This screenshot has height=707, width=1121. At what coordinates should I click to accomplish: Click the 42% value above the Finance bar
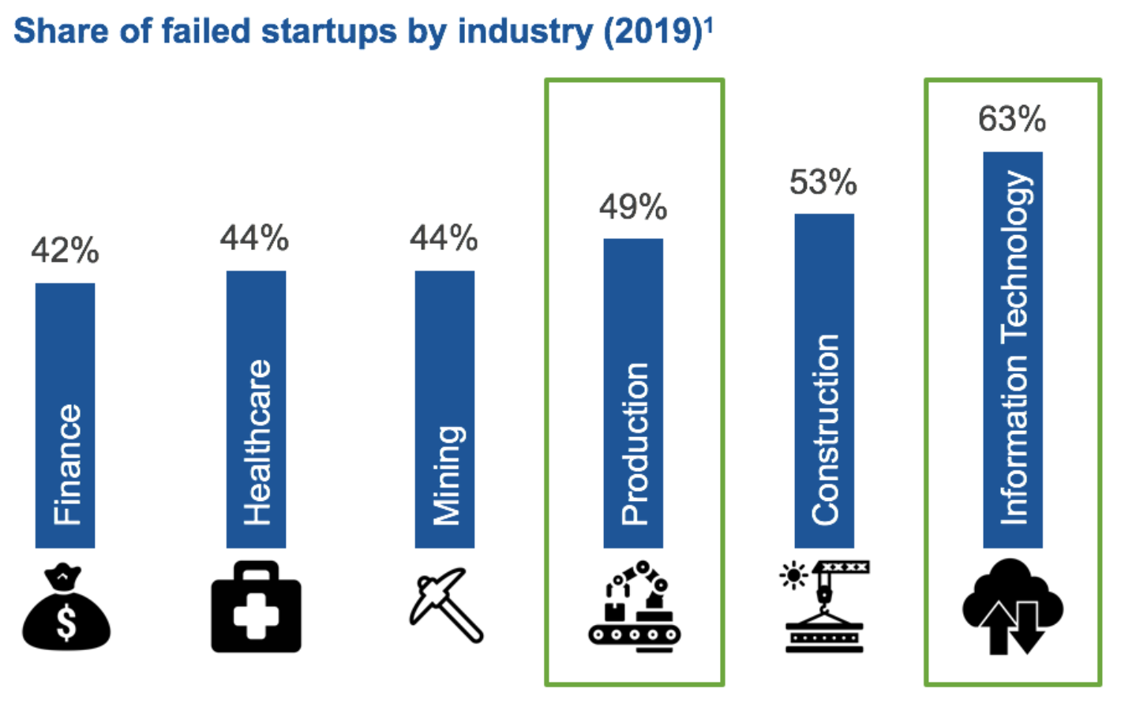pos(66,251)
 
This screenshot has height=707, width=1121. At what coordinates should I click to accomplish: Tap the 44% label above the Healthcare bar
pos(254,238)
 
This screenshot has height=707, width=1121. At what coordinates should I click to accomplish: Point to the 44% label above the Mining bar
pos(444,238)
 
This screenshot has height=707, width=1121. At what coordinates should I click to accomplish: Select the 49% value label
pos(633,207)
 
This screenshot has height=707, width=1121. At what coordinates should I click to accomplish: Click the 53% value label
pos(823,182)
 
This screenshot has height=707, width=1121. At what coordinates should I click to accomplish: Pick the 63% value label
pos(1012,119)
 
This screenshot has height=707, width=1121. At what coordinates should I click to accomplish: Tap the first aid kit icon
pos(256,607)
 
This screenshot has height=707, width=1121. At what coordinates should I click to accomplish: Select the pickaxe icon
pos(446,604)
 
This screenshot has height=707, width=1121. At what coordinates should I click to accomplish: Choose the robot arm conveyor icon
pos(635,606)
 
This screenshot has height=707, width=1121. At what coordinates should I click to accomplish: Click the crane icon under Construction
pos(824,606)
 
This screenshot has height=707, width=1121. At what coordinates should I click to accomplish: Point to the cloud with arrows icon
pos(1013,606)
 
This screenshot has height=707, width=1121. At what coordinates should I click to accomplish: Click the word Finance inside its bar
pos(67,464)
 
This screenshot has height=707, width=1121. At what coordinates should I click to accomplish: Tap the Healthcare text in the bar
pos(257,442)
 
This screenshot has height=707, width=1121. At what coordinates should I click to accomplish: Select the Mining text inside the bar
pos(447,475)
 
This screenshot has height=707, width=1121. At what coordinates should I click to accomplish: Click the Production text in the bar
pos(635,443)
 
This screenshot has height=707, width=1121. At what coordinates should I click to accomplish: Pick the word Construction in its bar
pos(825,429)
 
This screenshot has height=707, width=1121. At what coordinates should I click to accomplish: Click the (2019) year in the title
pos(652,32)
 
